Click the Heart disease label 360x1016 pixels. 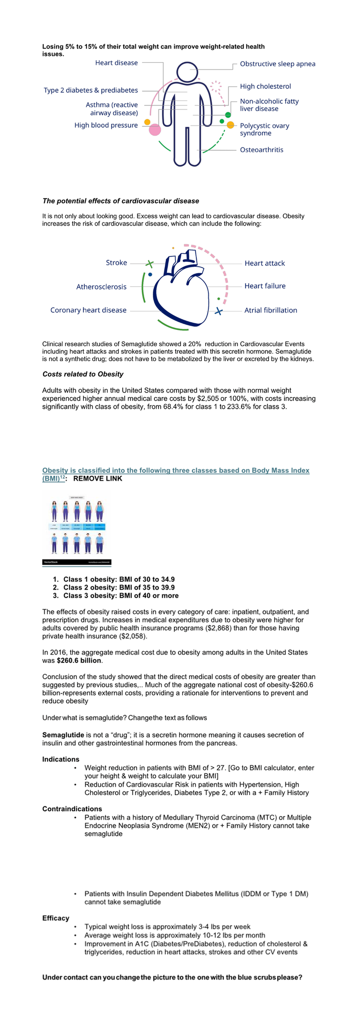pos(116,63)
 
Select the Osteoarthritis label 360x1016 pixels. pos(261,150)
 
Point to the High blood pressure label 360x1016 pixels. pos(106,126)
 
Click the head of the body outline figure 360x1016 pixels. pos(187,72)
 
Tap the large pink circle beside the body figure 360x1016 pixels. pos(155,130)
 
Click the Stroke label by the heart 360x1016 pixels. pos(116,263)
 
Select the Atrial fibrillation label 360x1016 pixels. pos(271,311)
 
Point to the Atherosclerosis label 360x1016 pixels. pos(101,287)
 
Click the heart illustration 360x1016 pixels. pos(181,292)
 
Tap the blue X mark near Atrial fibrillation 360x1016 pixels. pos(218,312)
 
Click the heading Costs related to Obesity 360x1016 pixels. pos(83,374)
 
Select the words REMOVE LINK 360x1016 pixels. pos(98,479)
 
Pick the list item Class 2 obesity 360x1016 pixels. pos(119,588)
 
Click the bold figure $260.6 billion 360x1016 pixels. pos(79,661)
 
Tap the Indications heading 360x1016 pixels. pos(61,760)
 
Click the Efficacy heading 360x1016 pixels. pos(56,918)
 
